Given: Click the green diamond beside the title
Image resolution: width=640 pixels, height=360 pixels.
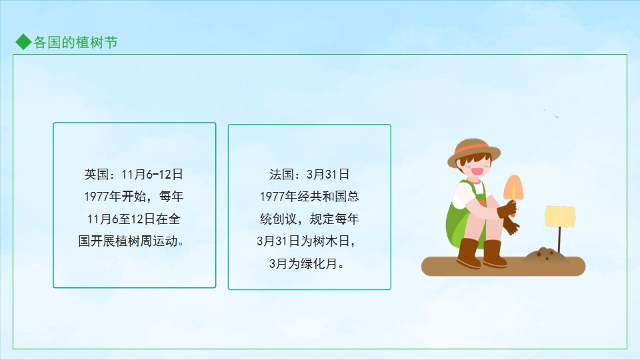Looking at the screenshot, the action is (x=23, y=42).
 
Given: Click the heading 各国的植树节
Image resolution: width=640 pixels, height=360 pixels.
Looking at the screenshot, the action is (x=75, y=43).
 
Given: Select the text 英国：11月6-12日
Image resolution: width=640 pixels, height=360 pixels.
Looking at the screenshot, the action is (x=133, y=174).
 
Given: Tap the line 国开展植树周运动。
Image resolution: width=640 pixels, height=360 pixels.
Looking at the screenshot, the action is (x=131, y=241).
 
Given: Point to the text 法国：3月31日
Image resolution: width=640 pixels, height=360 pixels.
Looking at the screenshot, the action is (x=309, y=174).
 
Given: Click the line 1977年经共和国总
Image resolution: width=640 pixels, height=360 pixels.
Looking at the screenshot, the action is (x=309, y=197).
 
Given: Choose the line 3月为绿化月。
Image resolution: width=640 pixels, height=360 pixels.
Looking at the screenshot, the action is (x=306, y=264).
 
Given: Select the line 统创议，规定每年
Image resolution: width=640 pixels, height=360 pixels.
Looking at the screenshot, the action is (x=309, y=219).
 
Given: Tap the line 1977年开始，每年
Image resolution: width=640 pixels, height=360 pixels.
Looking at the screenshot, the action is (x=133, y=197).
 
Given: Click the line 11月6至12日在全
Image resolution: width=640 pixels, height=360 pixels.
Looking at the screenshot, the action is (x=133, y=219).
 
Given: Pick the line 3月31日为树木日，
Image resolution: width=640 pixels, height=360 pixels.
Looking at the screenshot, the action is (x=306, y=241).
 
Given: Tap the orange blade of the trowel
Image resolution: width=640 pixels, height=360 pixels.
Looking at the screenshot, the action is (x=513, y=187).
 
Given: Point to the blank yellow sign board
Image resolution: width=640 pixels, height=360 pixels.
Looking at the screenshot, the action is (x=560, y=216).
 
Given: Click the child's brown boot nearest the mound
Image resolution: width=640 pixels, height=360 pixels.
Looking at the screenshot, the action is (x=494, y=253).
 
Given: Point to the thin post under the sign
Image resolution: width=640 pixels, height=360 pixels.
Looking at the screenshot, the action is (x=559, y=239).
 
